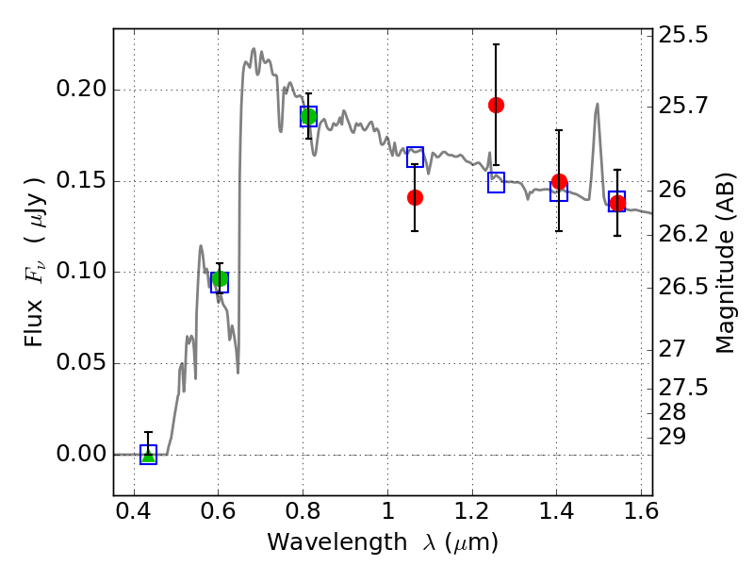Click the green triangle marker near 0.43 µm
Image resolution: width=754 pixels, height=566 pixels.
pos(149,456)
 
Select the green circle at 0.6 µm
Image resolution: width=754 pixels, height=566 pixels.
pos(220,278)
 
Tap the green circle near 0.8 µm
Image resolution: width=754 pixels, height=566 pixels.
pos(309,116)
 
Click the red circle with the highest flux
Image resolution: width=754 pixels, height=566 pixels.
pos(497,105)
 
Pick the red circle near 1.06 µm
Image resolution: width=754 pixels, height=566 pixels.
pos(415,197)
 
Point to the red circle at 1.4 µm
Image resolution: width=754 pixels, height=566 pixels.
pos(559,181)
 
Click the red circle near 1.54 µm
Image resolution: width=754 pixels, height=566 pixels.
pos(617,203)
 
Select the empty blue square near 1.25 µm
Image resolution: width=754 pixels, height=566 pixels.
pos(497,174)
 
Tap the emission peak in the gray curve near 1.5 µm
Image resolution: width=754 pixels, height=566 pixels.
pos(598,104)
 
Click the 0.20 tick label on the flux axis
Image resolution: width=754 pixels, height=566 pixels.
pos(81,89)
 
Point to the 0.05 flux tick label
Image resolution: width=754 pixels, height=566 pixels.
pos(81,362)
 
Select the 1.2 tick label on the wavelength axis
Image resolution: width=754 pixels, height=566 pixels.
pos(472,511)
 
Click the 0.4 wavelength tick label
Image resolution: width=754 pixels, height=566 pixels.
pos(134,511)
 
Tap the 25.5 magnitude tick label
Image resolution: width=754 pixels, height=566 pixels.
pos(682,35)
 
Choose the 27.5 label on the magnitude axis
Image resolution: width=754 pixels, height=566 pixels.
pos(682,388)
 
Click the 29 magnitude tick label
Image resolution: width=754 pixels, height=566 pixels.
pos(672,437)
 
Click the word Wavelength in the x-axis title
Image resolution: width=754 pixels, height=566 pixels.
pos(337,542)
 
